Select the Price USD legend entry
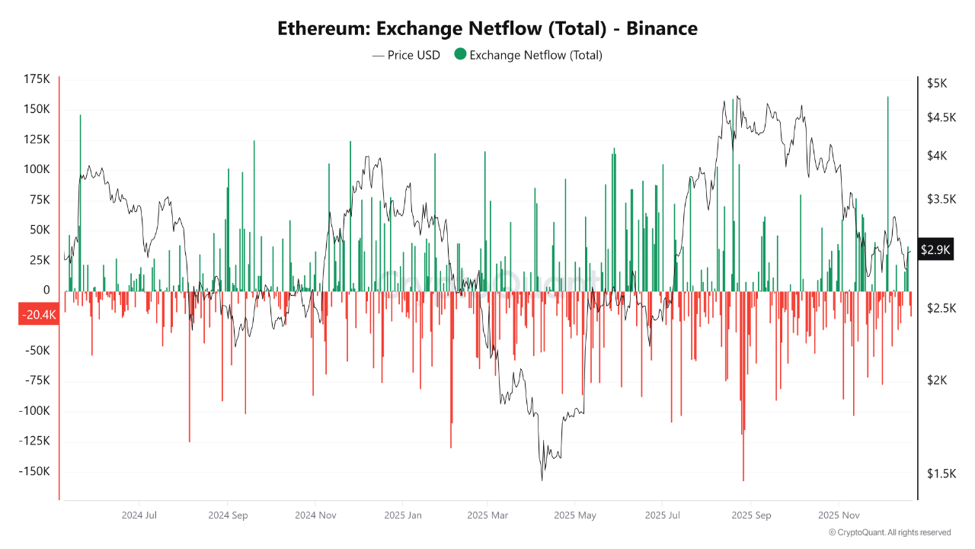click(406, 55)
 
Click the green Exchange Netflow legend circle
click(460, 55)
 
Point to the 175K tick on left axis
click(37, 79)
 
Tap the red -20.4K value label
click(38, 314)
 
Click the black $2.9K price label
click(934, 249)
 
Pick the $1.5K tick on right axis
click(941, 474)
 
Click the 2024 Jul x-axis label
click(139, 515)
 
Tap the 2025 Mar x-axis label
click(487, 515)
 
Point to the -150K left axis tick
click(35, 471)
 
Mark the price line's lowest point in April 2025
click(542, 480)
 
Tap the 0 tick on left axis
click(46, 291)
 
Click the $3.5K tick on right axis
click(941, 199)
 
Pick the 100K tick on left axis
click(37, 169)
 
